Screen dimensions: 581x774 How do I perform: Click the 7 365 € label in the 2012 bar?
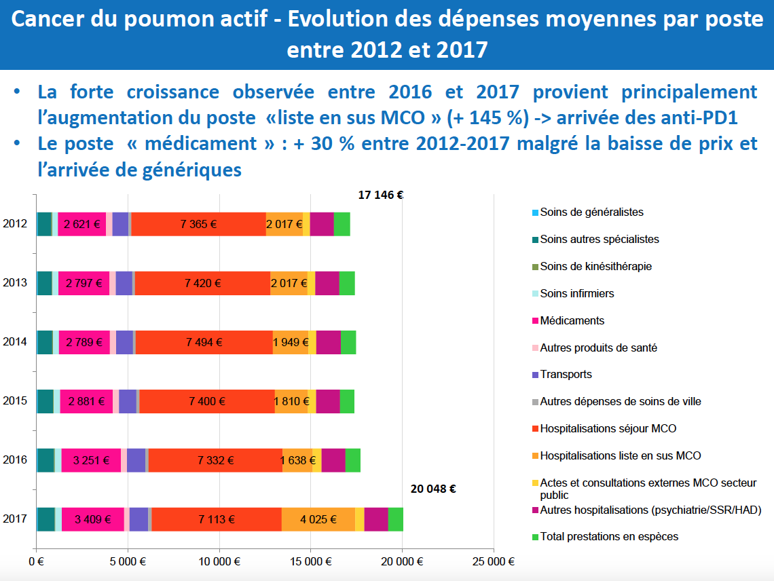(199, 224)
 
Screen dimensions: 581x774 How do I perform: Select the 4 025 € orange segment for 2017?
(318, 519)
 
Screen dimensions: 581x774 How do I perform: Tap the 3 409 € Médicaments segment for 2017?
(92, 519)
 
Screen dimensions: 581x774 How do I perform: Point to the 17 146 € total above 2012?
(381, 195)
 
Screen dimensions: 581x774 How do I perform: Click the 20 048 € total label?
(433, 489)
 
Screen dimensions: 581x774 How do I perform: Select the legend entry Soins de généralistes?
(591, 212)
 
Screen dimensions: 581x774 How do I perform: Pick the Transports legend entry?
(566, 375)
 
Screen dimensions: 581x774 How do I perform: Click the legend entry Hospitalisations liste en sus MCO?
(620, 455)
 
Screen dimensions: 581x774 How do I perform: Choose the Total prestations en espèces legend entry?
(609, 537)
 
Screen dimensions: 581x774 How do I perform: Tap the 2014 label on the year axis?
(15, 342)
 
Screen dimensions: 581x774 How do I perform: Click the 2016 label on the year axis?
(15, 460)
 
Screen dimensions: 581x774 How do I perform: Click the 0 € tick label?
(36, 562)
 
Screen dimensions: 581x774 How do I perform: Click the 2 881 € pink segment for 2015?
(86, 401)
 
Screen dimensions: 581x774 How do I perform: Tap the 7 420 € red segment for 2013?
(202, 283)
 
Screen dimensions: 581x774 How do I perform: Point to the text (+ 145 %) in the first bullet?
(488, 117)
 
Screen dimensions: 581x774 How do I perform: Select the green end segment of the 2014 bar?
(348, 342)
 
